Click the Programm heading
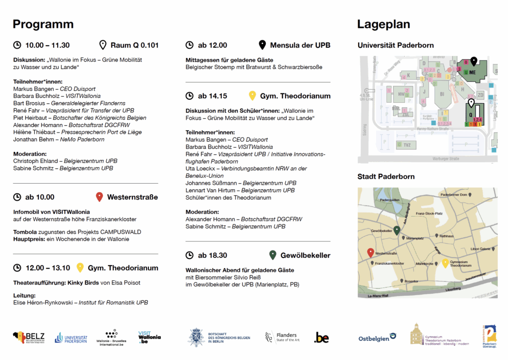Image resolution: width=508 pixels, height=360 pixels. coord(43,24)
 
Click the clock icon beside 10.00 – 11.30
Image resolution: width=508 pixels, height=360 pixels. coord(17,45)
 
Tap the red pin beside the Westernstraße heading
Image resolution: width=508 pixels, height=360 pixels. coord(99,197)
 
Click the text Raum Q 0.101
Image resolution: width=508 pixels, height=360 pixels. coord(134,45)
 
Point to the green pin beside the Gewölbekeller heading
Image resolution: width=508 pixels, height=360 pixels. coord(272,255)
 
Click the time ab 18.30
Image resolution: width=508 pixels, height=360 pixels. coord(212,255)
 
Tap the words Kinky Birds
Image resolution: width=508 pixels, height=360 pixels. coord(82,283)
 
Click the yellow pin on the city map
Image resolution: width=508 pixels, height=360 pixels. coord(445,264)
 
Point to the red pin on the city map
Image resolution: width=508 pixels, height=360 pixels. coord(370,253)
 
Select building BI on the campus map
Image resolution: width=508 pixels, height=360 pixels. coord(442,94)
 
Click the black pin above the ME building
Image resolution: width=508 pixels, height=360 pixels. coord(474,61)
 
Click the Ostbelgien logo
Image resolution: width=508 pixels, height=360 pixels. coord(377,338)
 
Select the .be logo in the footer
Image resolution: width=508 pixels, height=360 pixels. coord(321,338)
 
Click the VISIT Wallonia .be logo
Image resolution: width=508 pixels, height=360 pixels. coord(150,338)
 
